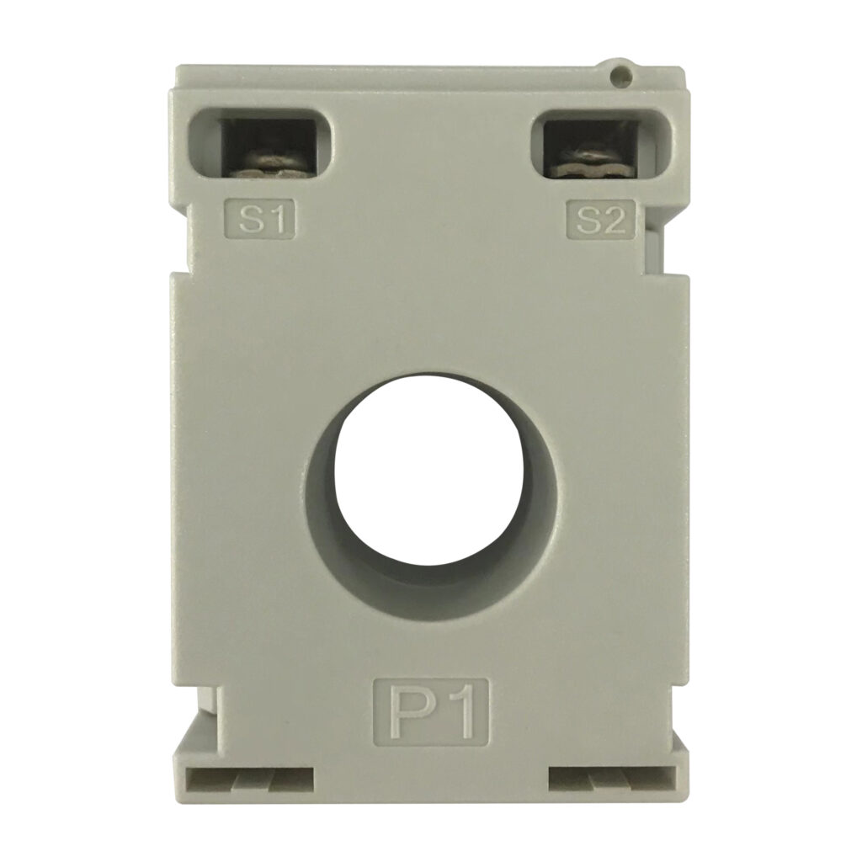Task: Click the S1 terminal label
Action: pyautogui.click(x=261, y=220)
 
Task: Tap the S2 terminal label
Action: pyautogui.click(x=601, y=220)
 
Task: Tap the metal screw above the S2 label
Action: pyautogui.click(x=593, y=163)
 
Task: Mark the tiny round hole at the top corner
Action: pyautogui.click(x=621, y=76)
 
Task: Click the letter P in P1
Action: pyautogui.click(x=410, y=712)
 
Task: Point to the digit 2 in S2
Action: pyautogui.click(x=613, y=221)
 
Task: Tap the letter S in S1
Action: pyautogui.click(x=250, y=221)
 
